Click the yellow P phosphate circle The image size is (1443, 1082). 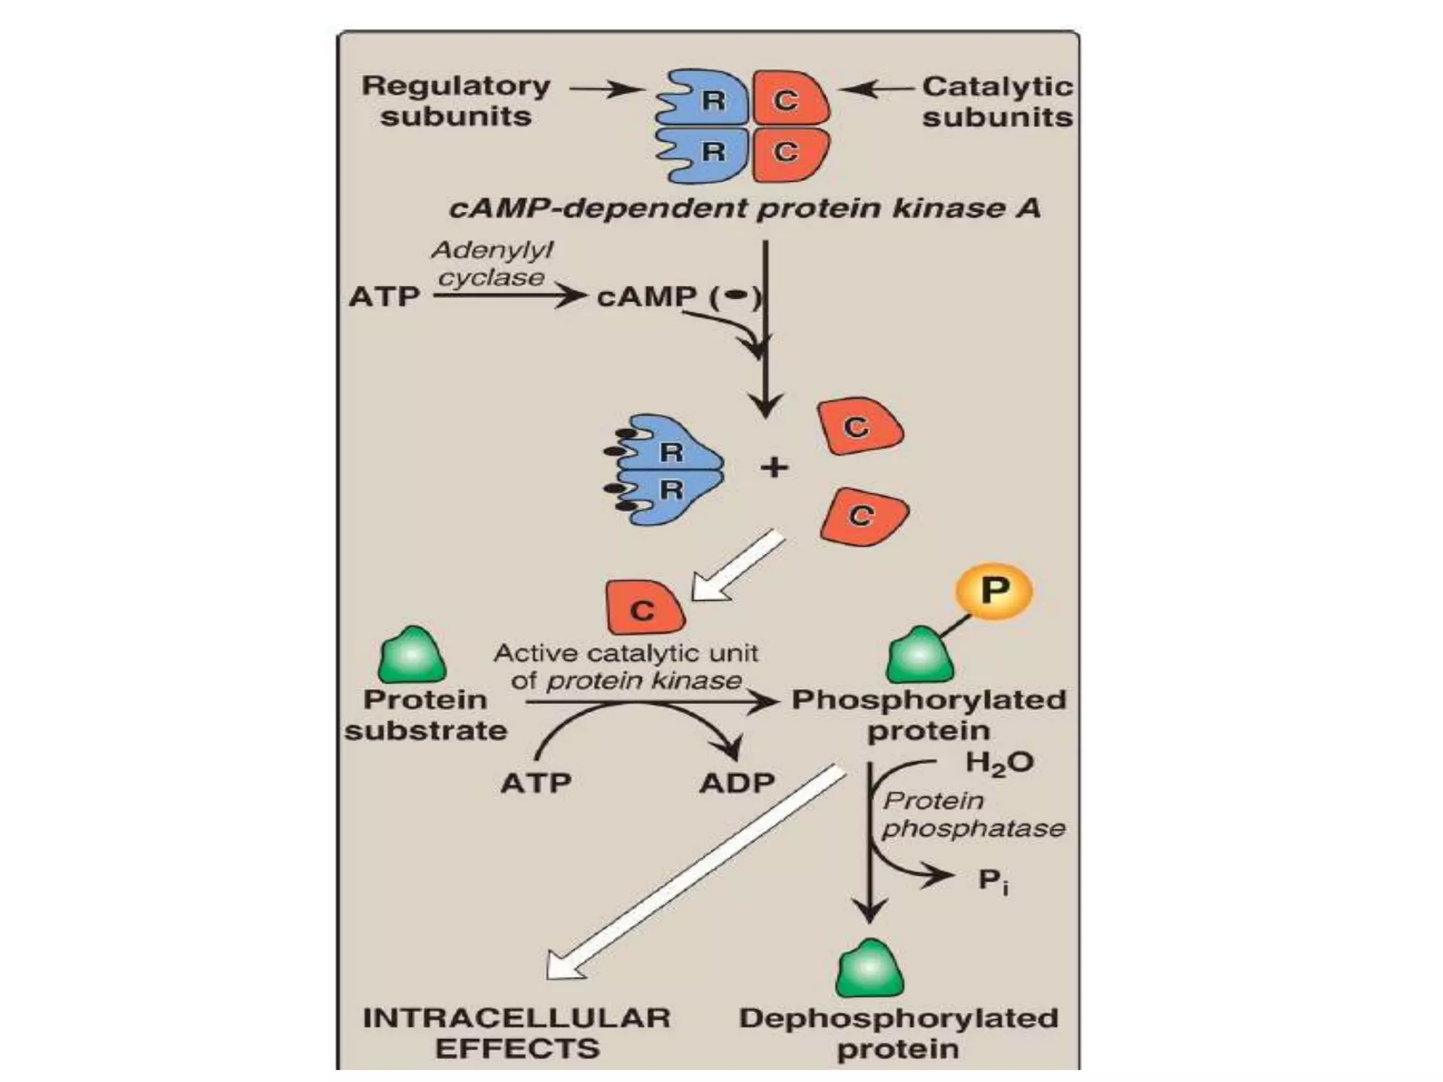click(993, 591)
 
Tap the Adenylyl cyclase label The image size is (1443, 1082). click(492, 263)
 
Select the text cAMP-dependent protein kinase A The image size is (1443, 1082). click(745, 209)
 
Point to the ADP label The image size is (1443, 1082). click(737, 783)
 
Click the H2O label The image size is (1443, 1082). click(998, 763)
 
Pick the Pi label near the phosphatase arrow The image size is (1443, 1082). click(993, 881)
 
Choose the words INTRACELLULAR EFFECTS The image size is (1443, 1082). click(516, 1033)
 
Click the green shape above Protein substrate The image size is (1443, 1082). click(412, 655)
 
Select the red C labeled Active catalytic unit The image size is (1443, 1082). click(643, 608)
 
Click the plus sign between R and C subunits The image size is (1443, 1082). click(774, 467)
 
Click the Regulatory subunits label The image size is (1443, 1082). click(456, 101)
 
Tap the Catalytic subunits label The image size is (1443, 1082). click(997, 101)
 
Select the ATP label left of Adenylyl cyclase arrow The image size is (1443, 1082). click(384, 297)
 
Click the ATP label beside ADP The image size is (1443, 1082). click(535, 783)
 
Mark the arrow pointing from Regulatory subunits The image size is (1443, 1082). click(605, 89)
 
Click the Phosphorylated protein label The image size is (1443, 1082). click(929, 715)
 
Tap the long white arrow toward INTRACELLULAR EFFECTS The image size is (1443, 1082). click(698, 873)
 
